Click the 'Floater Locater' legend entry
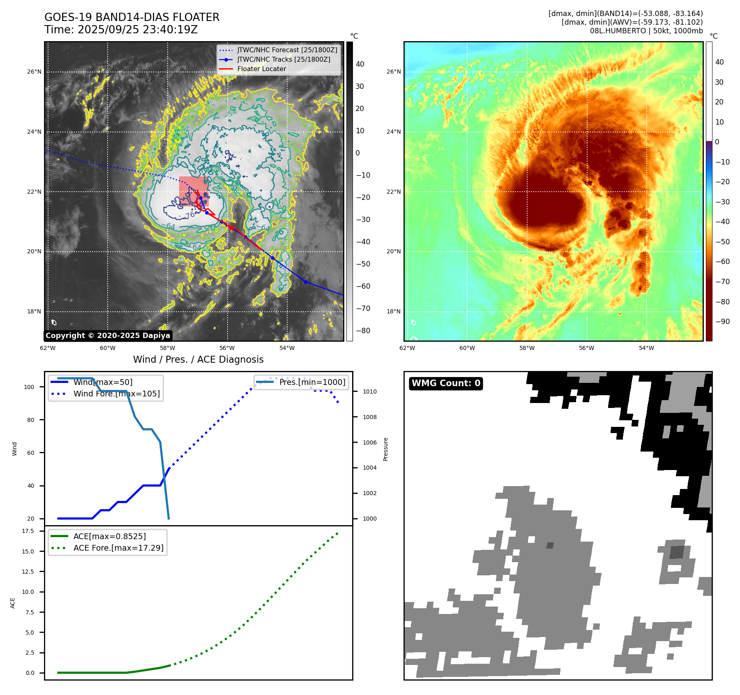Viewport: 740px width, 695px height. coord(261,69)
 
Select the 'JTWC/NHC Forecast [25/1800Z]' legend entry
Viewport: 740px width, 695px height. coord(287,50)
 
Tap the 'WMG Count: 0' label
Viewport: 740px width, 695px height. coord(446,383)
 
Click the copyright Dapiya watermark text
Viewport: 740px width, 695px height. coord(108,336)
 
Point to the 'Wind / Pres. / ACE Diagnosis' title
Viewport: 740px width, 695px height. coord(198,359)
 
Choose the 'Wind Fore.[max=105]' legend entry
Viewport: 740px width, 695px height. coord(116,394)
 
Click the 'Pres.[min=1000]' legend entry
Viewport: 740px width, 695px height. coord(312,382)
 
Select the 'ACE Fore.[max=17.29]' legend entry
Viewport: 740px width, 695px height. coord(118,548)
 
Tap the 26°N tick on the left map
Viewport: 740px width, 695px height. coord(34,72)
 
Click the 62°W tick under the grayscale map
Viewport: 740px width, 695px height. coord(48,348)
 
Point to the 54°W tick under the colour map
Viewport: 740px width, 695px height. coord(646,348)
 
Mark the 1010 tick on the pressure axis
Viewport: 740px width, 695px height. coord(369,392)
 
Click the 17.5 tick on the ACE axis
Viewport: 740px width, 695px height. coord(28,531)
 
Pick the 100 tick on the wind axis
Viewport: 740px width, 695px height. coord(29,387)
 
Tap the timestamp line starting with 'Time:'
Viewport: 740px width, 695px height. coord(121,30)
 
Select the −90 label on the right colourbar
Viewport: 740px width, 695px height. coord(722,322)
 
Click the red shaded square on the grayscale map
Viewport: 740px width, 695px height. coord(194,191)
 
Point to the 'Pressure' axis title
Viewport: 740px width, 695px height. coord(385,449)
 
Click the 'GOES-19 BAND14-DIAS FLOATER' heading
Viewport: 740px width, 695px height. coord(132,17)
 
